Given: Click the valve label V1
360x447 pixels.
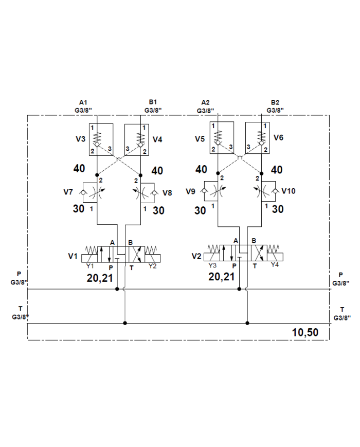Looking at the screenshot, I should coord(73,256).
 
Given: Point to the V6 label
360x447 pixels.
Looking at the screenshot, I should coord(279,137).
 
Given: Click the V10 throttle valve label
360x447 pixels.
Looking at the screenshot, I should coord(288,191).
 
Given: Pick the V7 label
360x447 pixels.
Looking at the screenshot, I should coord(68,192).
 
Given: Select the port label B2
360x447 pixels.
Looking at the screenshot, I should coord(275,102).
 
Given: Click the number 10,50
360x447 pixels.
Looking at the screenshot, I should coord(305,332).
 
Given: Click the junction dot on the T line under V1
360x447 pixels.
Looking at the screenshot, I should coord(125,323).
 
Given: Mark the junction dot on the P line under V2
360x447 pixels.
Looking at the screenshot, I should coord(239,289).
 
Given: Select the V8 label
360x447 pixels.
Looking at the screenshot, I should coord(167,192).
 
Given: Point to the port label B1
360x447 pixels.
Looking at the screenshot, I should coord(153,102).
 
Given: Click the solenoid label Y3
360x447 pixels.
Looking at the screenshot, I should coord(212,265).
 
